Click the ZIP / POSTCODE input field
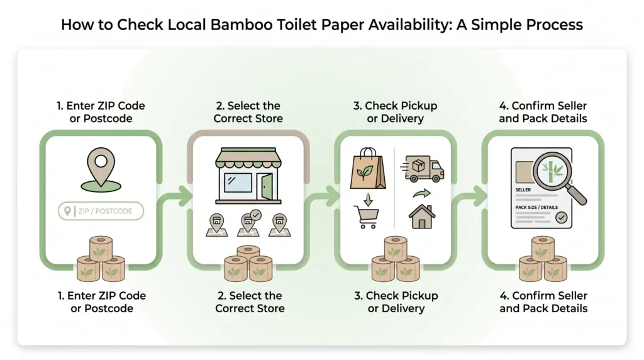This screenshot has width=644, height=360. [x=101, y=211]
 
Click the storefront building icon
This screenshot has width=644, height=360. [x=248, y=176]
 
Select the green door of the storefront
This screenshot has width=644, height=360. [x=267, y=186]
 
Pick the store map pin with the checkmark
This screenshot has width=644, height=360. [x=249, y=224]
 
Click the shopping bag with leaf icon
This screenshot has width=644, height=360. [x=367, y=169]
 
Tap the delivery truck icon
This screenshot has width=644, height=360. [x=423, y=169]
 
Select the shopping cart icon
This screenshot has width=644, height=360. [x=367, y=217]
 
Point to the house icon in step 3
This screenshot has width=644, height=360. [x=422, y=217]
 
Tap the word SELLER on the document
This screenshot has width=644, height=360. [x=523, y=190]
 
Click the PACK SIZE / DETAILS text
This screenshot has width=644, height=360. [x=536, y=208]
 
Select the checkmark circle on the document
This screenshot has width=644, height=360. [x=562, y=217]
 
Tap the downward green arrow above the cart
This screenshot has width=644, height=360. [x=368, y=199]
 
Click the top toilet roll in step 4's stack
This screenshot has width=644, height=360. [x=543, y=248]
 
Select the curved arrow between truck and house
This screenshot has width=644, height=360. [x=422, y=193]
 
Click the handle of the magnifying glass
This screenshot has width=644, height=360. [x=577, y=195]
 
